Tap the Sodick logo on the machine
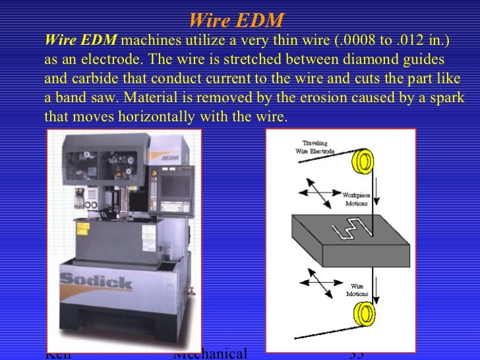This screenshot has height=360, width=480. (x=96, y=282)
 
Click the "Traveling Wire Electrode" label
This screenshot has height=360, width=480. (x=316, y=146)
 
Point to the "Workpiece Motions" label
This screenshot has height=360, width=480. (x=356, y=199)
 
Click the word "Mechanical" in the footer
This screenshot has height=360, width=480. (x=210, y=354)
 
